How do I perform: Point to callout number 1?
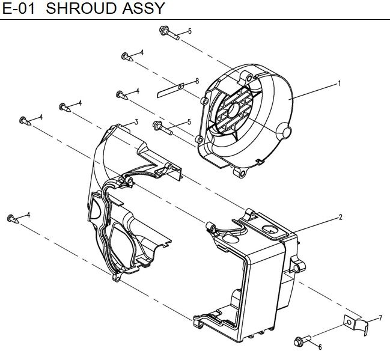point(340,83)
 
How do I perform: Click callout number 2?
point(341,217)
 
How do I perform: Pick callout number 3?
point(136,122)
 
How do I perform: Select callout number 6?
point(320,347)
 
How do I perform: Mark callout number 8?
point(196,81)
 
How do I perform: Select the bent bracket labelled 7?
point(356,325)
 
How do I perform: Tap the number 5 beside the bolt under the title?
point(189,31)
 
